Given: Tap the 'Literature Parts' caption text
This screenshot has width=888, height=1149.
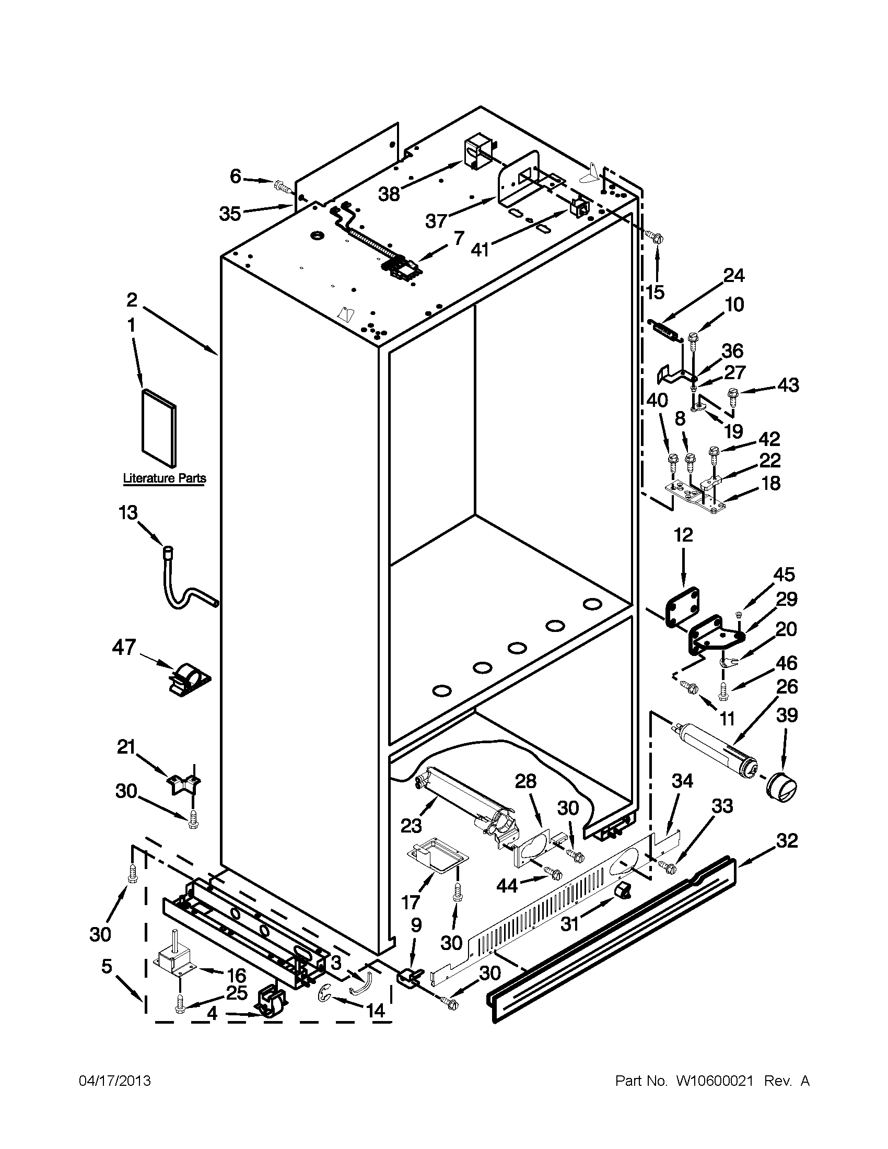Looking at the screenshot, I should tap(164, 478).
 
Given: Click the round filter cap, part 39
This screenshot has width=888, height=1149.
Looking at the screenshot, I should tap(781, 788).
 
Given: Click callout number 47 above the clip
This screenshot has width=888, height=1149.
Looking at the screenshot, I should tap(124, 647).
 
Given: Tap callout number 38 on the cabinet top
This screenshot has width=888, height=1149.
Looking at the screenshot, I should tap(389, 194).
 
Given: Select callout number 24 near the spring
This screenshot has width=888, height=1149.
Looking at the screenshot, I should tap(734, 275).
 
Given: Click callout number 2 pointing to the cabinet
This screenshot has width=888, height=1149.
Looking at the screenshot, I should tap(132, 300).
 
